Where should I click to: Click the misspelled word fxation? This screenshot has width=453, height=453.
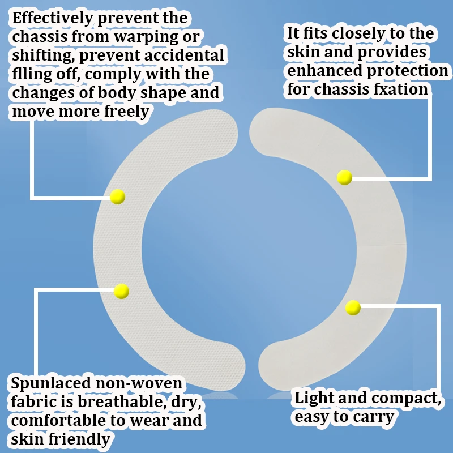400,89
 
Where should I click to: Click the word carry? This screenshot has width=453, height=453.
375,418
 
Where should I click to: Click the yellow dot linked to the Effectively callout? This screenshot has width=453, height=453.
117,196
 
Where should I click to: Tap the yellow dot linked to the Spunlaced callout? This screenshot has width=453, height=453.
121,291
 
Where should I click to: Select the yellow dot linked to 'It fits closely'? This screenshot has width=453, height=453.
344,177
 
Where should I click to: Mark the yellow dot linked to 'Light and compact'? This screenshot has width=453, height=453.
353,307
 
